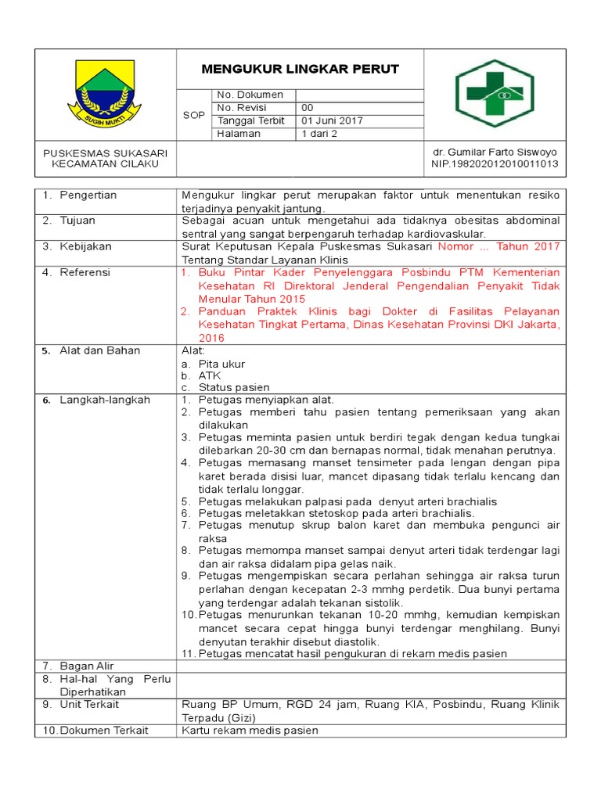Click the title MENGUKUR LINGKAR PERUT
pyautogui.click(x=300, y=69)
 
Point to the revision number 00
pyautogui.click(x=308, y=108)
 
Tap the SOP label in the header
pyautogui.click(x=193, y=115)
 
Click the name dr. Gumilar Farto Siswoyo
pyautogui.click(x=495, y=151)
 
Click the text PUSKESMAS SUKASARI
pyautogui.click(x=105, y=152)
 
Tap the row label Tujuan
pyautogui.click(x=78, y=221)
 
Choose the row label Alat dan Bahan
pyautogui.click(x=99, y=350)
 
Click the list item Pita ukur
pyautogui.click(x=221, y=364)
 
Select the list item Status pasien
pyautogui.click(x=233, y=387)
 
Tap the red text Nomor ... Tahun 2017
pyautogui.click(x=498, y=246)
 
